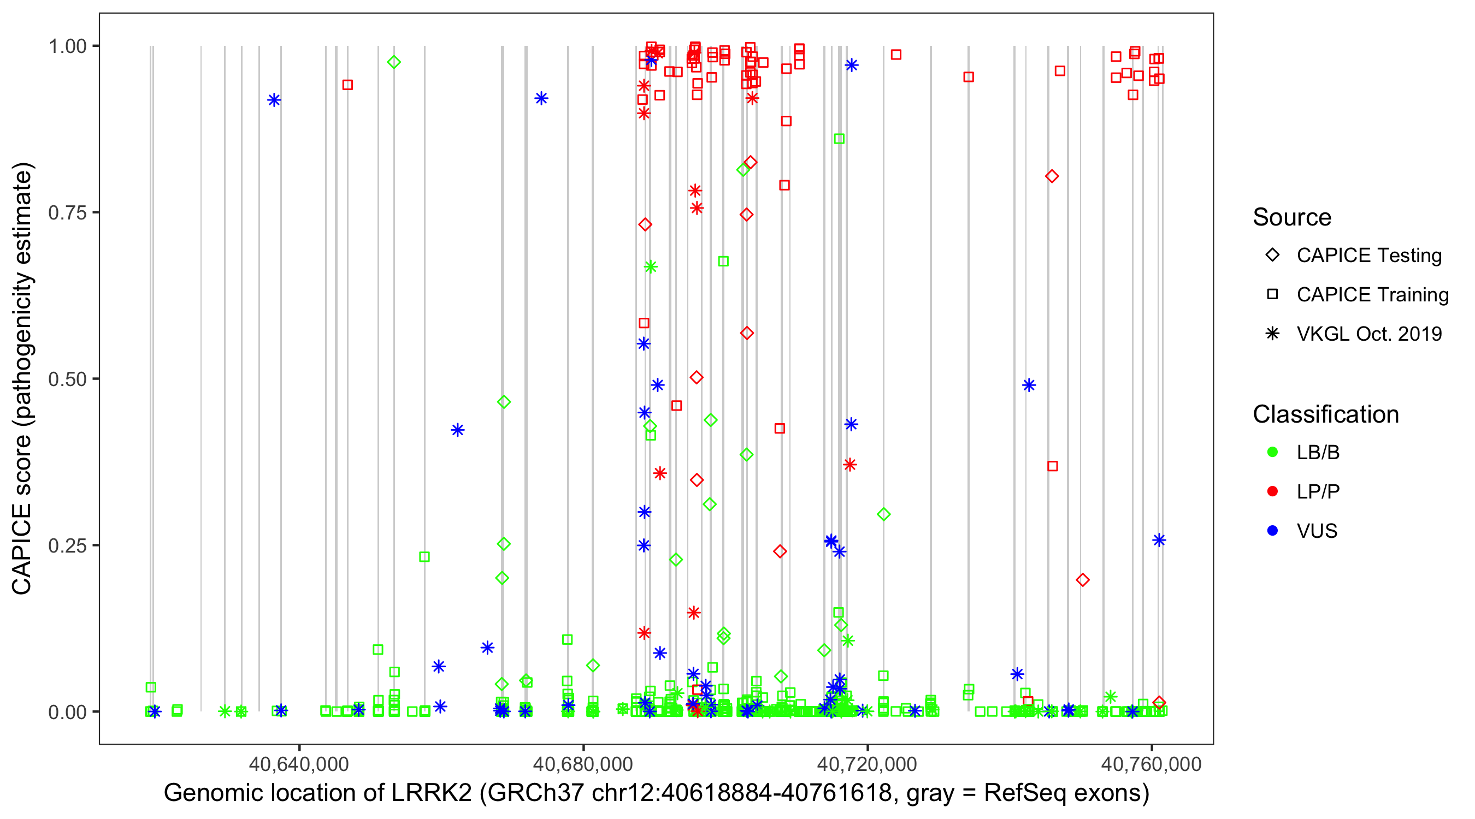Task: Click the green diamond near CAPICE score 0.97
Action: (393, 62)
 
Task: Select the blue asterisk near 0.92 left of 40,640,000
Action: (274, 100)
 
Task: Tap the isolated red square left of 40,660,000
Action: (347, 85)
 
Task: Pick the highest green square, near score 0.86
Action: (839, 139)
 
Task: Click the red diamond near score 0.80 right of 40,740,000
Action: (1051, 176)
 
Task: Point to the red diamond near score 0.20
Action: (1082, 580)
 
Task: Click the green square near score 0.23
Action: (424, 556)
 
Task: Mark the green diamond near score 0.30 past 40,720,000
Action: (883, 514)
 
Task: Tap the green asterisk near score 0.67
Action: (651, 266)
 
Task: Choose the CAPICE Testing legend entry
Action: (1368, 256)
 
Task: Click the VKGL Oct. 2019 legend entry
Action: (1368, 334)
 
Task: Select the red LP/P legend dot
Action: (1272, 491)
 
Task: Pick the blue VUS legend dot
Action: (1272, 531)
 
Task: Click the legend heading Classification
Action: (1325, 414)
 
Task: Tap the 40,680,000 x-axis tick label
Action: (583, 764)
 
